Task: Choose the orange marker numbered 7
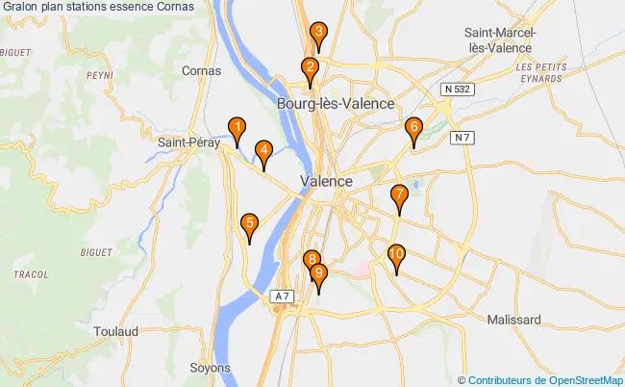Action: click(x=399, y=196)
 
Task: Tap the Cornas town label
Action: click(x=202, y=70)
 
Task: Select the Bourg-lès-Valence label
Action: click(x=335, y=103)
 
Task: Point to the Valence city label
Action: click(x=326, y=181)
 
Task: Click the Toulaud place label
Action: click(x=116, y=330)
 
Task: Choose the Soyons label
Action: click(x=211, y=368)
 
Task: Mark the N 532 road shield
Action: click(x=458, y=89)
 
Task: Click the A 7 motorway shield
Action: click(x=281, y=297)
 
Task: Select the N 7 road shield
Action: click(x=462, y=137)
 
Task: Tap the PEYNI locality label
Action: click(x=99, y=73)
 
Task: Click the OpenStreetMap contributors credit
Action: click(x=546, y=379)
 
